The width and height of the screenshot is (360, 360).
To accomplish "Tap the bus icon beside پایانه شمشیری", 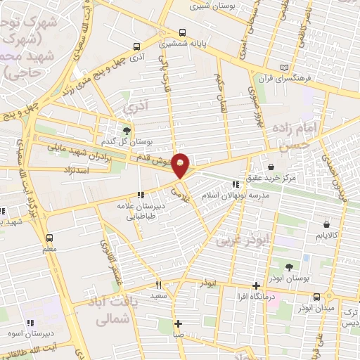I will point(183,33).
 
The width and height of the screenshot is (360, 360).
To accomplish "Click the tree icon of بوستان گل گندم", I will point(127,130).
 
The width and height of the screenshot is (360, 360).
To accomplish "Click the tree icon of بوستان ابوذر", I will point(290,266).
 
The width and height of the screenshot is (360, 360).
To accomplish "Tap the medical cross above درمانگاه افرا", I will point(257,285).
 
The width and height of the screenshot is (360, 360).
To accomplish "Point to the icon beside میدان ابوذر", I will point(318,296).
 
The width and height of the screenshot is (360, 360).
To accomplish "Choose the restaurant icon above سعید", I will point(158,285).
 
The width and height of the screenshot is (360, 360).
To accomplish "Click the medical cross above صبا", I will point(179,324).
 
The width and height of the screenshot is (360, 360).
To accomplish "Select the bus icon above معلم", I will point(49,238).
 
